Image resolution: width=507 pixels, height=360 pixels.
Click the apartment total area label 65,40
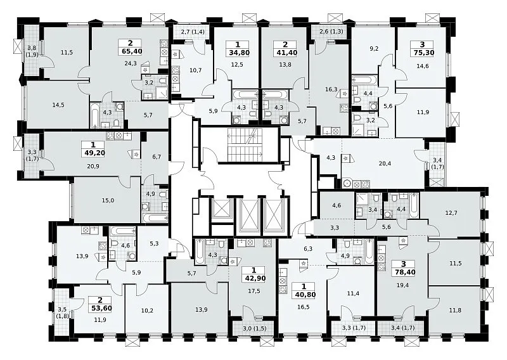131,51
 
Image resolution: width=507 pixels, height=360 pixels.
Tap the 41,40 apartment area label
285,53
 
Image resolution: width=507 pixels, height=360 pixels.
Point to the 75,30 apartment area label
422,53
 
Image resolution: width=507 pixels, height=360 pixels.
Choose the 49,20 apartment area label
93,153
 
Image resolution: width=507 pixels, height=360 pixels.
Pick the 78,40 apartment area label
404,273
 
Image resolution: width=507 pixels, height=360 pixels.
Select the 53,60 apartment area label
100,308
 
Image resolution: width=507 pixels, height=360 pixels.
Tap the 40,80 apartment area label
304,295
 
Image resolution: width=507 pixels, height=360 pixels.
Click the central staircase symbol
245,145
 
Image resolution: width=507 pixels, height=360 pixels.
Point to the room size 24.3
131,64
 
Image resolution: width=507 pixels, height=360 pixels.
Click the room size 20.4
385,164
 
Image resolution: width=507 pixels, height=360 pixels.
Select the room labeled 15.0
108,200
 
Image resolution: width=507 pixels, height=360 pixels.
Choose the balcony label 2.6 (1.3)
331,32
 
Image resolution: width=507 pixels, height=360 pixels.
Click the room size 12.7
451,213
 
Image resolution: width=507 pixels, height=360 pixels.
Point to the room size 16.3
331,89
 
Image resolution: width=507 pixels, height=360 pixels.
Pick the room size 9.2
374,50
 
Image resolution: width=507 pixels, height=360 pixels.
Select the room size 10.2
148,310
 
